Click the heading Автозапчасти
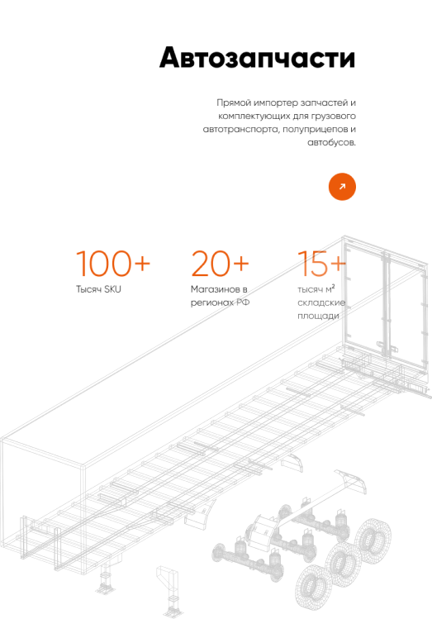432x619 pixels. point(257,58)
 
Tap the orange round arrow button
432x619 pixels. point(342,187)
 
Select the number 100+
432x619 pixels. point(113,264)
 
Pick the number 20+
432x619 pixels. point(221,264)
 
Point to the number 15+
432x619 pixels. point(321,264)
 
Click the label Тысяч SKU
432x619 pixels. point(98,289)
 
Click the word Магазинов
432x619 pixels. point(213,289)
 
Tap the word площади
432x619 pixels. point(318,317)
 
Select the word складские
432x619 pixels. point(321,302)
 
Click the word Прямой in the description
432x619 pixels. point(234,103)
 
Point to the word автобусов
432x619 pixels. point(331,142)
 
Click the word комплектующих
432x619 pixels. point(254,116)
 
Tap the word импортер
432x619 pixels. point(276,103)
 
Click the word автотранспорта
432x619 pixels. point(241,130)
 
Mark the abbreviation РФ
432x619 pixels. point(243,302)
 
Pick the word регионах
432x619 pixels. point(212,302)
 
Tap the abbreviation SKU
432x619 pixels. point(113,289)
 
